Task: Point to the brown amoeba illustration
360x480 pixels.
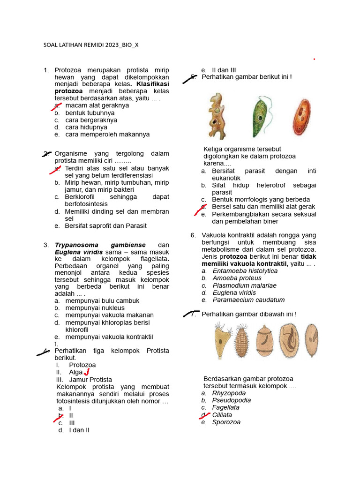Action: pyautogui.click(x=217, y=116)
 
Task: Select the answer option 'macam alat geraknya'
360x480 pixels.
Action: pyautogui.click(x=97, y=105)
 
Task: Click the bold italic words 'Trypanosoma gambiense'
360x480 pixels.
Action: pyautogui.click(x=100, y=245)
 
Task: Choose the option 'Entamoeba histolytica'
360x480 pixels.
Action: pyautogui.click(x=245, y=271)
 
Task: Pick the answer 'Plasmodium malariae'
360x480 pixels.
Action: pyautogui.click(x=244, y=285)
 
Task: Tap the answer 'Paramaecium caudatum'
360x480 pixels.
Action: pyautogui.click(x=248, y=300)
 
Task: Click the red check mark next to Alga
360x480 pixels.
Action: pyautogui.click(x=86, y=372)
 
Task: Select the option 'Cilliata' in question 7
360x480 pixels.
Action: pyautogui.click(x=222, y=415)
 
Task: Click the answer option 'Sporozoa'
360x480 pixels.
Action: pyautogui.click(x=226, y=422)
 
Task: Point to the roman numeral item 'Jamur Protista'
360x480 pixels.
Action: pyautogui.click(x=90, y=380)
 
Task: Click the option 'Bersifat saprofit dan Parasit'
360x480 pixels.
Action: pyautogui.click(x=105, y=226)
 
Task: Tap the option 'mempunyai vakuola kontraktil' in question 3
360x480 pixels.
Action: pyautogui.click(x=109, y=337)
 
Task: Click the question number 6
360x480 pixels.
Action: pyautogui.click(x=193, y=235)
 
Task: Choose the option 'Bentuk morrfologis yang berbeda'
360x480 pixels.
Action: pyautogui.click(x=261, y=200)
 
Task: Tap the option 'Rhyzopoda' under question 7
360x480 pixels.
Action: pyautogui.click(x=229, y=393)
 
